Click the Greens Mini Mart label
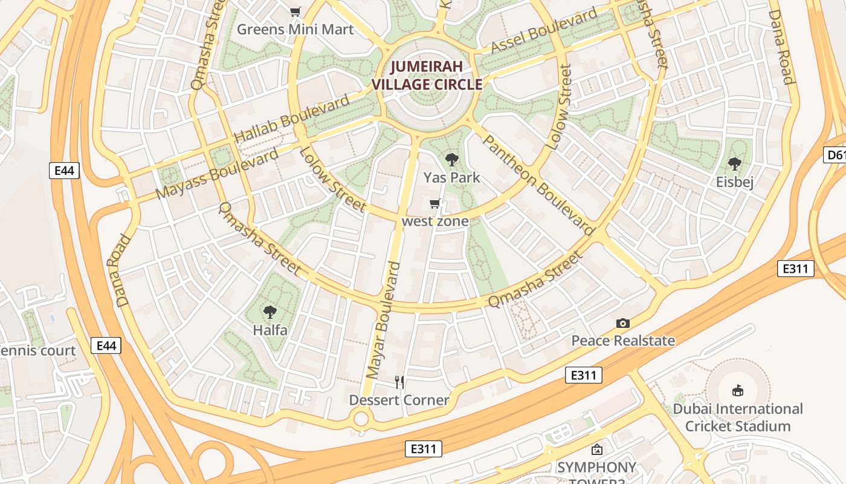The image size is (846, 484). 295,29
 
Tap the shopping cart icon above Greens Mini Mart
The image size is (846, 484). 295,12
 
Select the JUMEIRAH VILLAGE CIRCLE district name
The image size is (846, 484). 427,76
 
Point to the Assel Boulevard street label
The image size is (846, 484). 544,30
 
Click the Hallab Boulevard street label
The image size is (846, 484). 292,119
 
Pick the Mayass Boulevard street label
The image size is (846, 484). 218,172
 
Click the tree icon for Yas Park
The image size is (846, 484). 451,160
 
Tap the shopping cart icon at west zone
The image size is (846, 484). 434,204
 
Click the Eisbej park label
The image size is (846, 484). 735,181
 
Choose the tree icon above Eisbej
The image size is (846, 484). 735,164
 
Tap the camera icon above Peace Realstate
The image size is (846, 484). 623,324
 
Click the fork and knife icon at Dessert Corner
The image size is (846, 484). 399,382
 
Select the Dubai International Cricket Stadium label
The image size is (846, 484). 738,417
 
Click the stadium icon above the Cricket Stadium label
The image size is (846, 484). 738,391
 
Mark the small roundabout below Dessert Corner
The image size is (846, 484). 361,418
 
